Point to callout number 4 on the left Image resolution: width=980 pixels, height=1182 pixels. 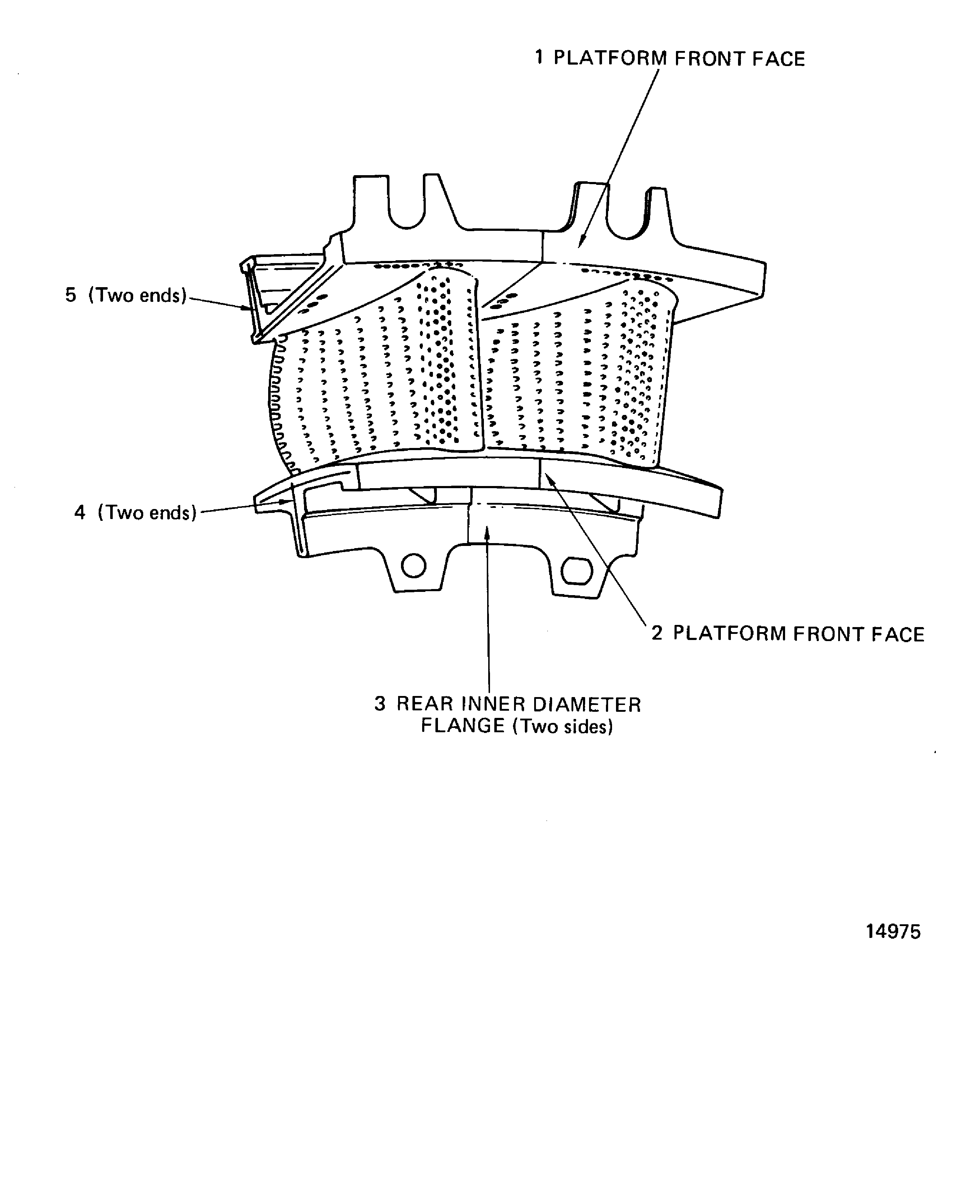point(80,512)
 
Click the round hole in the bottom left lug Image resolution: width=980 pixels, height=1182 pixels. point(414,566)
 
